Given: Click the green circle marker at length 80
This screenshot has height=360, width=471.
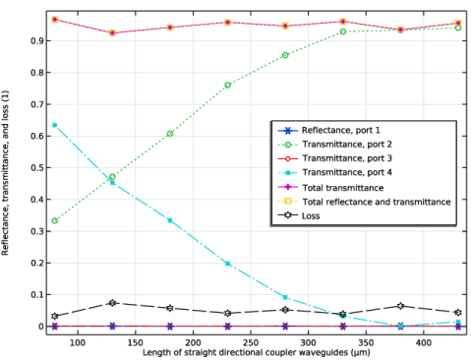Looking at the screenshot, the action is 55,220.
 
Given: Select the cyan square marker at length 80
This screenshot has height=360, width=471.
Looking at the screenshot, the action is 55,125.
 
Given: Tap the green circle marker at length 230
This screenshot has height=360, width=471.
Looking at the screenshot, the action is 227,86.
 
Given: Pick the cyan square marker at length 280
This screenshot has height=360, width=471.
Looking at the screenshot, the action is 285,297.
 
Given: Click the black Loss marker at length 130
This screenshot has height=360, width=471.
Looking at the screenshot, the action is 112,303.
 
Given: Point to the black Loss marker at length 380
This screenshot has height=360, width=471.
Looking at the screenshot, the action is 400,306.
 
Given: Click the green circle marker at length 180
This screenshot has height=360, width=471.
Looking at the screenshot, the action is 170,134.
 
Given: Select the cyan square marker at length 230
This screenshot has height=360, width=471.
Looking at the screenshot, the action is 227,264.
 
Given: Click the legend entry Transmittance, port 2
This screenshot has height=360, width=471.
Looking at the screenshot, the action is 347,145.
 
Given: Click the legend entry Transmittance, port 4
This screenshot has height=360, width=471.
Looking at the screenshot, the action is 347,172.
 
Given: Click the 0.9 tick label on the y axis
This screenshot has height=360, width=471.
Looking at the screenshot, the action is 37,41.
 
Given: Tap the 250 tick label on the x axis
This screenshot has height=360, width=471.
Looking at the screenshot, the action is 251,343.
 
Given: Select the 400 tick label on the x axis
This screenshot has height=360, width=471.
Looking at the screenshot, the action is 424,343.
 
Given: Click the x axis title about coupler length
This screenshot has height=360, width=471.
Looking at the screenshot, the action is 257,353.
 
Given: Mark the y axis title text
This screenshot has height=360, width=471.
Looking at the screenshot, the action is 5,173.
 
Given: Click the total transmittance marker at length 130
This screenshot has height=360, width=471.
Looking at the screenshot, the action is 112,32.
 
